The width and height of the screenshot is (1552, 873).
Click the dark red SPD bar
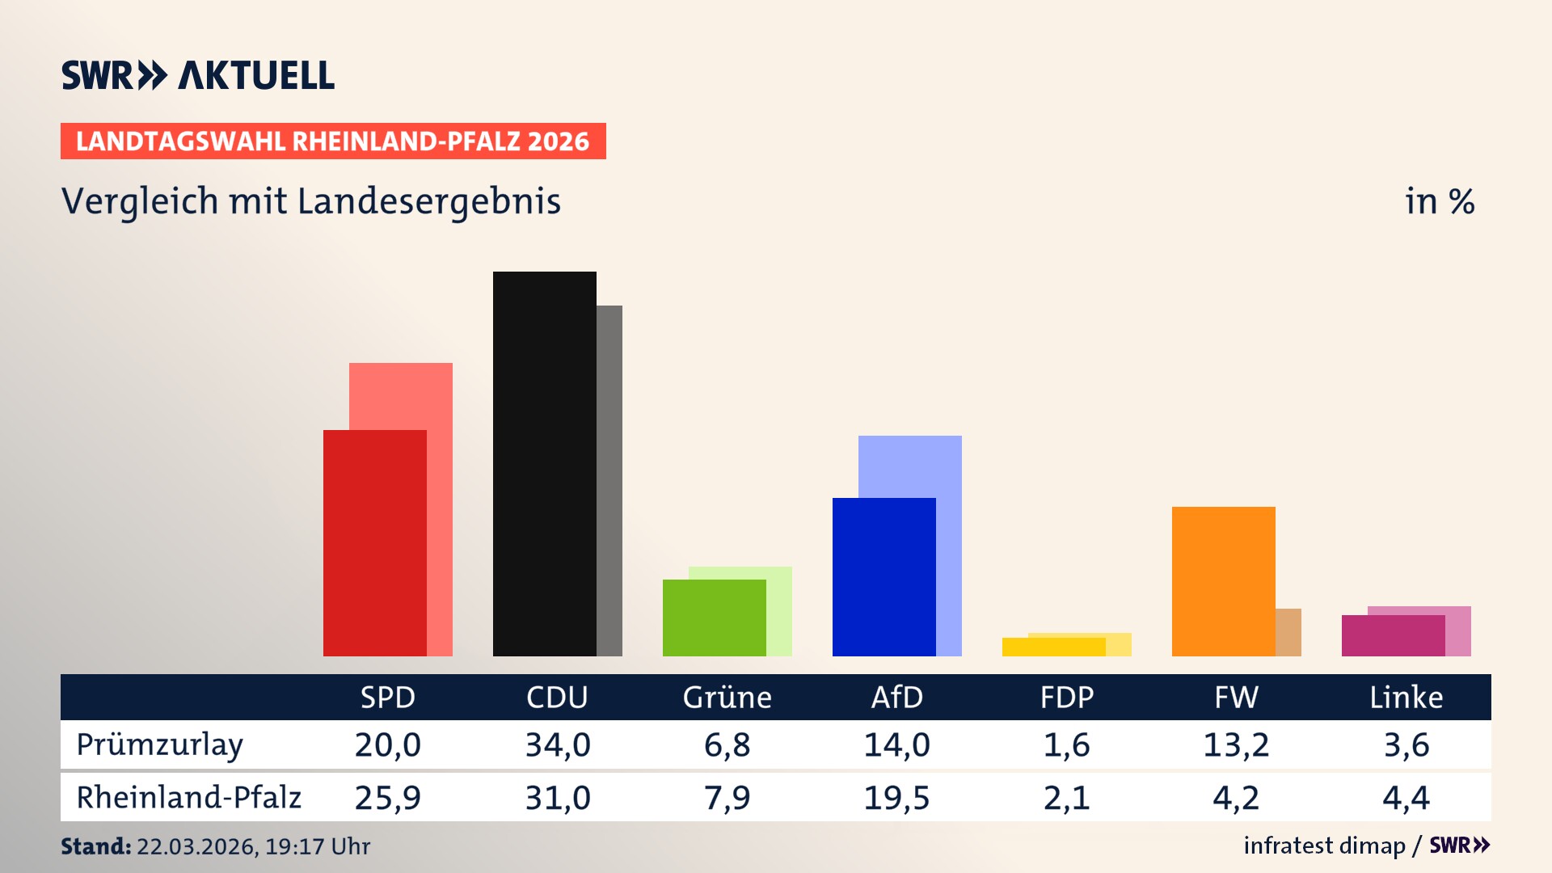[x=374, y=542]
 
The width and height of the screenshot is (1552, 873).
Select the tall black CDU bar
[x=544, y=463]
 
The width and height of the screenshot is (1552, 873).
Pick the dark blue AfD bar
[x=884, y=576]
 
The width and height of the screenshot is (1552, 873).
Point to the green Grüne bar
[x=714, y=618]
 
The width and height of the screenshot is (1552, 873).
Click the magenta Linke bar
[x=1393, y=635]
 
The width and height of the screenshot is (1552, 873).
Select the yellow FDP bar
[x=1053, y=647]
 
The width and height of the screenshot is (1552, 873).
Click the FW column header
[x=1236, y=697]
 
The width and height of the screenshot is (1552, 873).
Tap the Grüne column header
[x=727, y=697]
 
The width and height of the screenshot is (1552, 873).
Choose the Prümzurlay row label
[x=159, y=744]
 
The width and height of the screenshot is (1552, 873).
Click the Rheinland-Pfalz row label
[x=188, y=797]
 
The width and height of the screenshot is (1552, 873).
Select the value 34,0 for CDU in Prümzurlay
[x=558, y=744]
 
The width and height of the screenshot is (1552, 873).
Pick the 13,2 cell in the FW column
[x=1236, y=744]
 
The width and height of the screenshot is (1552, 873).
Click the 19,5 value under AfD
[x=896, y=798]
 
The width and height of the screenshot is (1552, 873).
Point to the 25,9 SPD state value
[x=387, y=798]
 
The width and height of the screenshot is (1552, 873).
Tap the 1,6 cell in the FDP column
[x=1066, y=744]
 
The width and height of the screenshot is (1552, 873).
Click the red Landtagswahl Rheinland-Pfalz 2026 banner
[x=333, y=141]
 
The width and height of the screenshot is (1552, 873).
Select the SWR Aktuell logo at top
[x=197, y=75]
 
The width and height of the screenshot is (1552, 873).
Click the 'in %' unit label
[x=1439, y=201]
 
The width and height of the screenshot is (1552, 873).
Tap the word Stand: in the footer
[x=95, y=846]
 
